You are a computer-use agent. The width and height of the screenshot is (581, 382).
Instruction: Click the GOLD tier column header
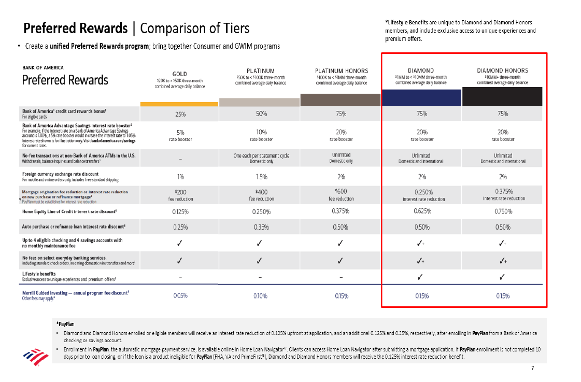click(x=180, y=74)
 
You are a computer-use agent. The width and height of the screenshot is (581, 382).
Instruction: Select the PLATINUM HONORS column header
click(x=342, y=70)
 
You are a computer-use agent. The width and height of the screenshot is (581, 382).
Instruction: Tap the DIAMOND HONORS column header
click(x=502, y=70)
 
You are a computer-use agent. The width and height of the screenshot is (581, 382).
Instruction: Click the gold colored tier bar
click(x=180, y=104)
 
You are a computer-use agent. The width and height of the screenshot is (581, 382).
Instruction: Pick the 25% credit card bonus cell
click(x=180, y=114)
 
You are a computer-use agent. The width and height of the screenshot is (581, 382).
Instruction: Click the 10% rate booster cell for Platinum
click(x=261, y=135)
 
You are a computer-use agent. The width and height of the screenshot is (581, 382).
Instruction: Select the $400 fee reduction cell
click(x=261, y=195)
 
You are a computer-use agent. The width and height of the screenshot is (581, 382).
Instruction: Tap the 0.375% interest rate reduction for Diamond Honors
click(x=502, y=194)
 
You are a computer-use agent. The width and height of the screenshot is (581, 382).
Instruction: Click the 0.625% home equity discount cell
click(x=421, y=211)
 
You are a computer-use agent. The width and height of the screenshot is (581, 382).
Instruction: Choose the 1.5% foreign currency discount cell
click(x=261, y=177)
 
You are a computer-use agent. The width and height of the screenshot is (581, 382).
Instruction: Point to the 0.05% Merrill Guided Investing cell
click(x=180, y=295)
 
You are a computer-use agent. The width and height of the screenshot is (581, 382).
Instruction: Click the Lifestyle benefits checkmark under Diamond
click(x=421, y=276)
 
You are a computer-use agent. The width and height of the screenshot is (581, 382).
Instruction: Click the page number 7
click(x=532, y=368)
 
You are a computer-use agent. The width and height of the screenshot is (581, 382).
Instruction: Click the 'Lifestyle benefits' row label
click(x=39, y=273)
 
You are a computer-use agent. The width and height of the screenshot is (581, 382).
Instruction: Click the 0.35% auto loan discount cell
click(x=261, y=227)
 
